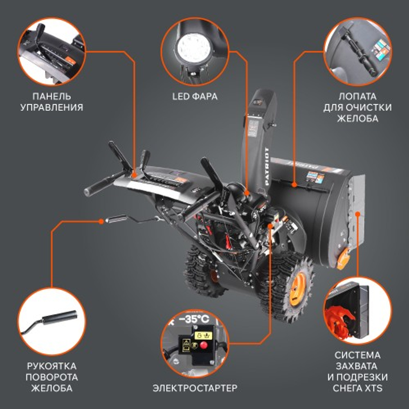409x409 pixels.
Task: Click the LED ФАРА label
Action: (x=194, y=97)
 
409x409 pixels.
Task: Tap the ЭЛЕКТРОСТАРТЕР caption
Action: (x=195, y=387)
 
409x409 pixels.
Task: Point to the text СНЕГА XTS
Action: (x=358, y=388)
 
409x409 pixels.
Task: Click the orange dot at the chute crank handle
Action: (x=101, y=221)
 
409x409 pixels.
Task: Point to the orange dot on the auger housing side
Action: (x=357, y=213)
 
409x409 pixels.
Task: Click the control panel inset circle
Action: (x=51, y=51)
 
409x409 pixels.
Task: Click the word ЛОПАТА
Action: (x=357, y=97)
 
